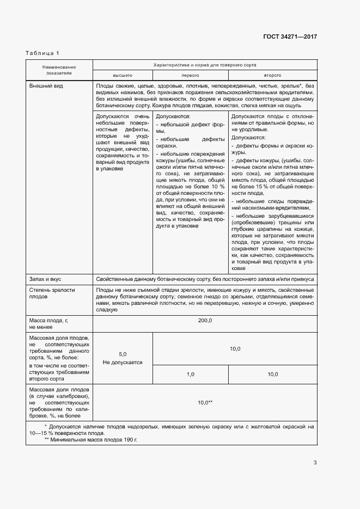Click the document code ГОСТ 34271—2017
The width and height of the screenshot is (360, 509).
pos(290,36)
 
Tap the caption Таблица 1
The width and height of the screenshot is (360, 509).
pos(42,52)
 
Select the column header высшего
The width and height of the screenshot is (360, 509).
pos(123,75)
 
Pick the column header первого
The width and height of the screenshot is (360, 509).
pos(190,75)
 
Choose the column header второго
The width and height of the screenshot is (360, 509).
pos(272,75)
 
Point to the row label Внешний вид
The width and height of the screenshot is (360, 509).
pos(44,86)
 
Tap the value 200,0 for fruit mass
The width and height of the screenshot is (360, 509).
pos(205,322)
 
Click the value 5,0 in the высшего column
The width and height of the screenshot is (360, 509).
pos(123,354)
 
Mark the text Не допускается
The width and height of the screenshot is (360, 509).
pos(123,362)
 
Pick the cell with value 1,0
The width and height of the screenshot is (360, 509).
pos(190,375)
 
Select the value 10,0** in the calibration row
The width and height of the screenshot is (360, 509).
pos(205,402)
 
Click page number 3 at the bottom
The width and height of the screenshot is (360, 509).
pos(315,463)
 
